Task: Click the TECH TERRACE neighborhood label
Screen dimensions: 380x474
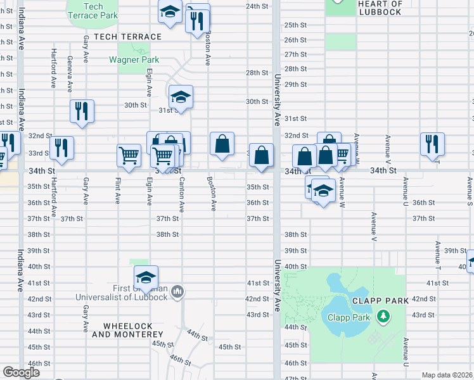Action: [x=127, y=37]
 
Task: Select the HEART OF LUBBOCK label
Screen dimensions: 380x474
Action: [x=380, y=8]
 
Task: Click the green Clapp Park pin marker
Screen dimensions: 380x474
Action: [x=382, y=315]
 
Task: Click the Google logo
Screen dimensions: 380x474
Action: [x=21, y=372]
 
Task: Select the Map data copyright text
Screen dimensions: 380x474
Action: [x=447, y=375]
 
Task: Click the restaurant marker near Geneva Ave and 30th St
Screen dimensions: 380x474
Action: [x=82, y=111]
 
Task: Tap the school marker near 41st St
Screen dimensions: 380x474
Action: [x=146, y=277]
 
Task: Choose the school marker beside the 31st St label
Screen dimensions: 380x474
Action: [x=181, y=96]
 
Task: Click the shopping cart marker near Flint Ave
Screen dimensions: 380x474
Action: [x=129, y=154]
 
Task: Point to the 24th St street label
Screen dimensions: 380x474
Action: [x=257, y=6]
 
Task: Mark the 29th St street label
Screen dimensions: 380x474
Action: [x=295, y=84]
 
